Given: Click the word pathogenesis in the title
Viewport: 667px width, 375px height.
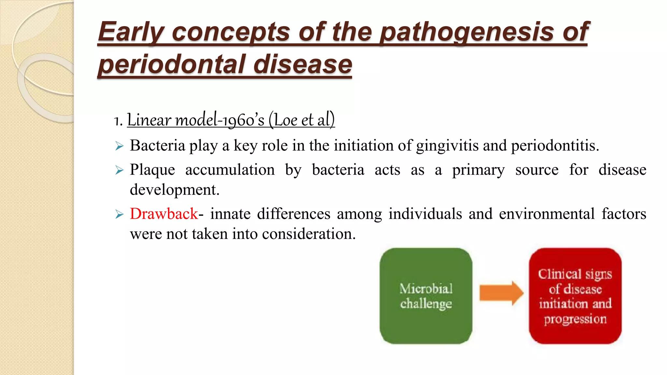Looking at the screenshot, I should [x=466, y=32].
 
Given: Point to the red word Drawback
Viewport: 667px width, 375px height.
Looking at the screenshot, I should [x=164, y=214].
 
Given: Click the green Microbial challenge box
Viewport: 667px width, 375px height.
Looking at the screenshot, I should [x=426, y=296].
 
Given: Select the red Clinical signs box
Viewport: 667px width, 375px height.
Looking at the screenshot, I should [x=575, y=296].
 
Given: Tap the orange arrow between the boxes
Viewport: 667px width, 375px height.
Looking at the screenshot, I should [x=501, y=293].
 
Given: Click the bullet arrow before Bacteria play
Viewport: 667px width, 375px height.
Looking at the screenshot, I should [x=120, y=146].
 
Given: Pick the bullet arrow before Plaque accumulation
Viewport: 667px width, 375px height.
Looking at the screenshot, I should [x=120, y=170].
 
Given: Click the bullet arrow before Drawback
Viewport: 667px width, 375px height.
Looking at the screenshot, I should [x=120, y=215].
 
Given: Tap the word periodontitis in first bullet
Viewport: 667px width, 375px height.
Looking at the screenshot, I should [x=555, y=146].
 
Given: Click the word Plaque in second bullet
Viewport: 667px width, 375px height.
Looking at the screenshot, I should [x=152, y=170].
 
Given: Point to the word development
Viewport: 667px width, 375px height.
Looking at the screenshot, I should [x=174, y=190].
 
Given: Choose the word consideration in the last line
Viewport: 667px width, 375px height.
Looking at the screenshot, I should [x=308, y=234].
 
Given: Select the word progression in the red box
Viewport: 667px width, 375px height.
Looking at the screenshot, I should [x=575, y=319].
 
